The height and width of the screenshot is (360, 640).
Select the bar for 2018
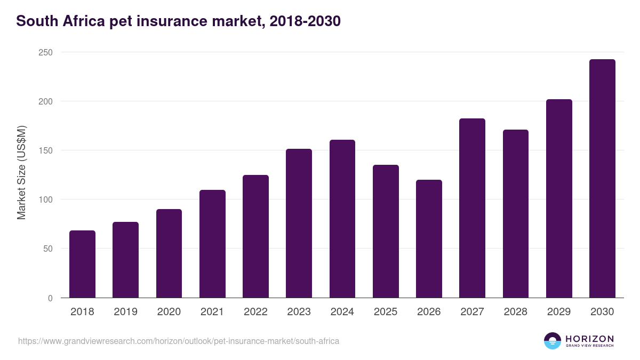(x=82, y=264)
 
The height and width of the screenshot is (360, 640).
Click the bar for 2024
(x=342, y=219)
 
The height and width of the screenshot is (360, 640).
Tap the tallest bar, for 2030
(x=602, y=179)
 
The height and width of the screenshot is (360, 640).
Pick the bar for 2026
(x=429, y=238)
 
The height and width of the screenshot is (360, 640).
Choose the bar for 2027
(x=472, y=208)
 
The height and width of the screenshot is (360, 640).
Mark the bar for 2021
(x=212, y=244)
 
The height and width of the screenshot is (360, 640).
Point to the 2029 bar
(x=559, y=198)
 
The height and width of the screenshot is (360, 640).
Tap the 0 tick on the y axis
(x=50, y=298)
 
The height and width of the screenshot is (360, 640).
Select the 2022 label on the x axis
(x=255, y=312)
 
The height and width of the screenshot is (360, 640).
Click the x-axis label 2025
(x=386, y=312)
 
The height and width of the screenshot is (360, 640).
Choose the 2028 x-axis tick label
(x=516, y=312)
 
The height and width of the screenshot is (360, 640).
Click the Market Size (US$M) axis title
(x=21, y=173)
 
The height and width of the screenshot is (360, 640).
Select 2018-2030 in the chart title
(x=305, y=21)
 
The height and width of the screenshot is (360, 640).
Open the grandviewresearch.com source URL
(x=179, y=341)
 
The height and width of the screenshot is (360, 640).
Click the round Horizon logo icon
(x=553, y=341)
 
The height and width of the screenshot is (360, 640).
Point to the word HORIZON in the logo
(x=589, y=338)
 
